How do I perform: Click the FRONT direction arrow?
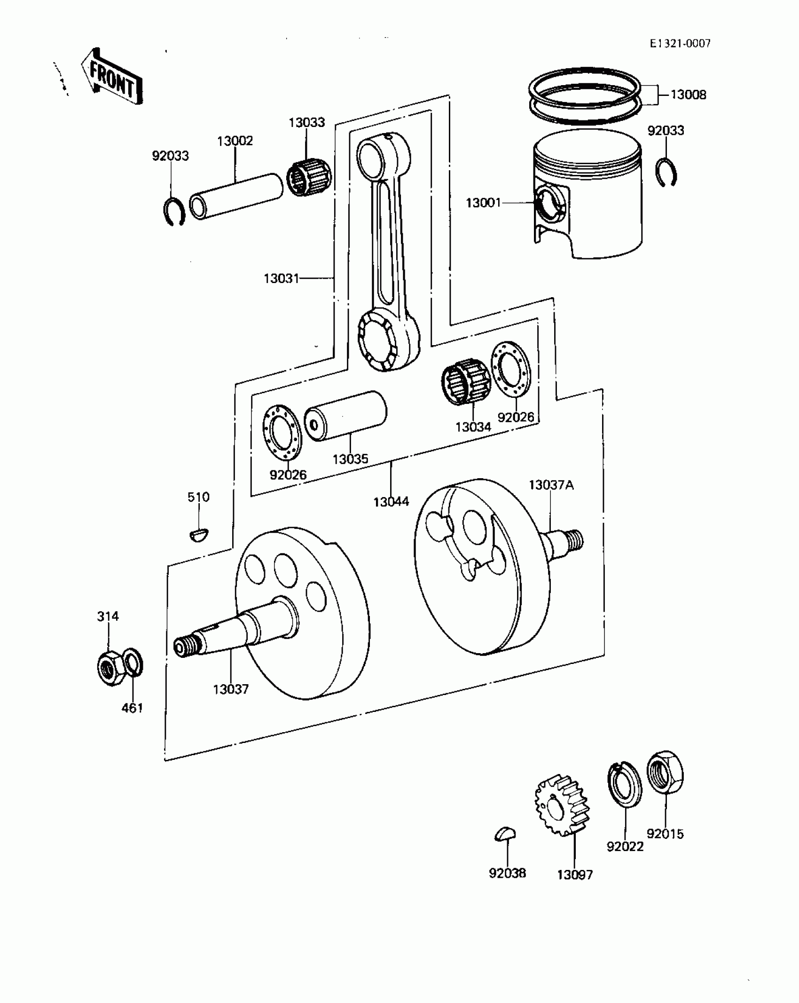click(112, 76)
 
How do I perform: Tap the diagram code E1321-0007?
click(680, 44)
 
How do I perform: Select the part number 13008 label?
click(688, 95)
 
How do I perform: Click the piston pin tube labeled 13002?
click(236, 196)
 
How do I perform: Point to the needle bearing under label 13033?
click(309, 177)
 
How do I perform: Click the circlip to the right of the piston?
click(666, 172)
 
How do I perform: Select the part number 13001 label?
click(483, 203)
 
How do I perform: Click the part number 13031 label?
click(281, 278)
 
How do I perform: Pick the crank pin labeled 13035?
click(345, 416)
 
